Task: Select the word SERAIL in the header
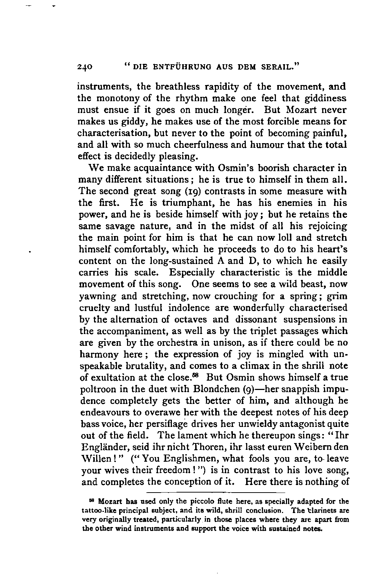[x=279, y=66]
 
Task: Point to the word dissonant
[x=256, y=320]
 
